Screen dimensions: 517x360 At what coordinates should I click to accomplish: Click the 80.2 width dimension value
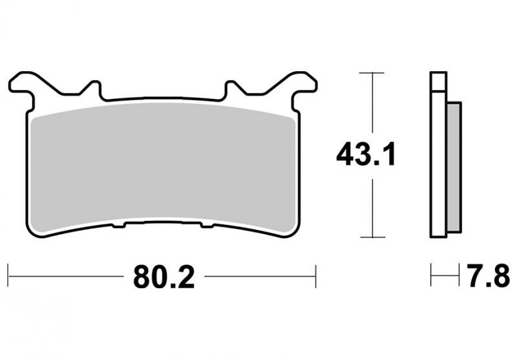(164, 277)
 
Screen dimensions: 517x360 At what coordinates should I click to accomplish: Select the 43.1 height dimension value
(366, 154)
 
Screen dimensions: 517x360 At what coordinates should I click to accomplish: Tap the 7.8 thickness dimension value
(489, 277)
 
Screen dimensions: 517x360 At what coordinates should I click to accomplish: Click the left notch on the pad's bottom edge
(119, 226)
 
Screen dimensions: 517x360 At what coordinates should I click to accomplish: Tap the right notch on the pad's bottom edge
(207, 226)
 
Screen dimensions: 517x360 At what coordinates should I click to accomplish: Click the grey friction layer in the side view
(454, 167)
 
